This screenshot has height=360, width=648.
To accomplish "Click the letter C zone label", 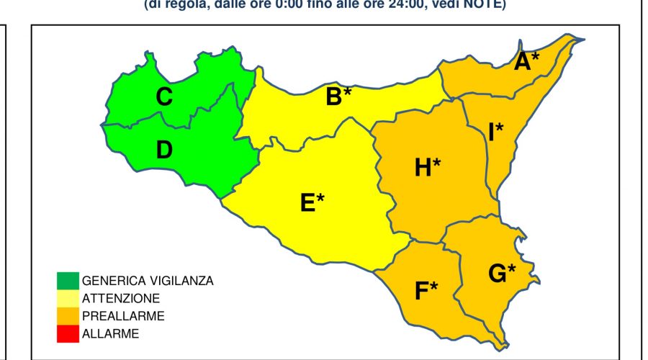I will point(164,96).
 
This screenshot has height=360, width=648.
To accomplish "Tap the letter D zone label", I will point(164,150).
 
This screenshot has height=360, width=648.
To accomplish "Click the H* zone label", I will point(427,168).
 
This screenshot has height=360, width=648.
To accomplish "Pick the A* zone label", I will point(526,63).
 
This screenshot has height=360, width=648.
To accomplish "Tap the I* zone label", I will point(495,132).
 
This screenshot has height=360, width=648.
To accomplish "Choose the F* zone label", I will point(426,291).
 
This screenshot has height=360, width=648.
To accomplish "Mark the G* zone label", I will point(502,273).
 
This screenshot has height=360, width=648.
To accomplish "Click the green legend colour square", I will point(68,279).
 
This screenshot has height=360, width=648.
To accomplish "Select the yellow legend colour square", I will point(68,297).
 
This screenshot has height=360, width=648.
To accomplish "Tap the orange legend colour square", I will point(68,315).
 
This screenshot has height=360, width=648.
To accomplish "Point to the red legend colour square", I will point(68,333).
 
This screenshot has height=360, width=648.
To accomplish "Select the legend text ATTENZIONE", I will point(121,298).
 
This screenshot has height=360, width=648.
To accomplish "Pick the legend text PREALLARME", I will point(123,316).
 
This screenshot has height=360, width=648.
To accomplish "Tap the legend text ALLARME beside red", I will point(110,333).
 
